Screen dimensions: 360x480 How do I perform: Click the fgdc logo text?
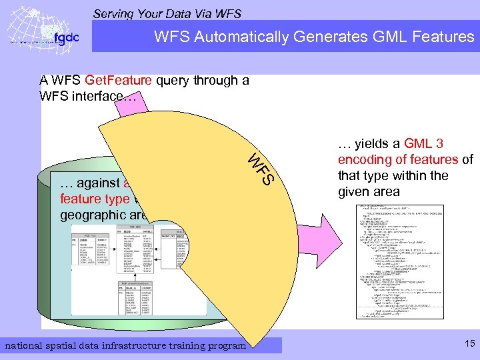coord(66,37)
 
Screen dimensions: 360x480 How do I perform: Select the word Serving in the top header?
coord(114,13)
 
